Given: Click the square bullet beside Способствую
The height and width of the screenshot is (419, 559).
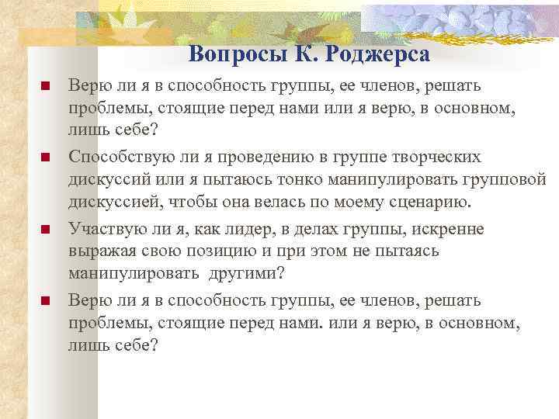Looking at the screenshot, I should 45,158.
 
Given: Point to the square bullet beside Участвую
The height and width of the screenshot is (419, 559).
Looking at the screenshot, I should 45,230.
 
